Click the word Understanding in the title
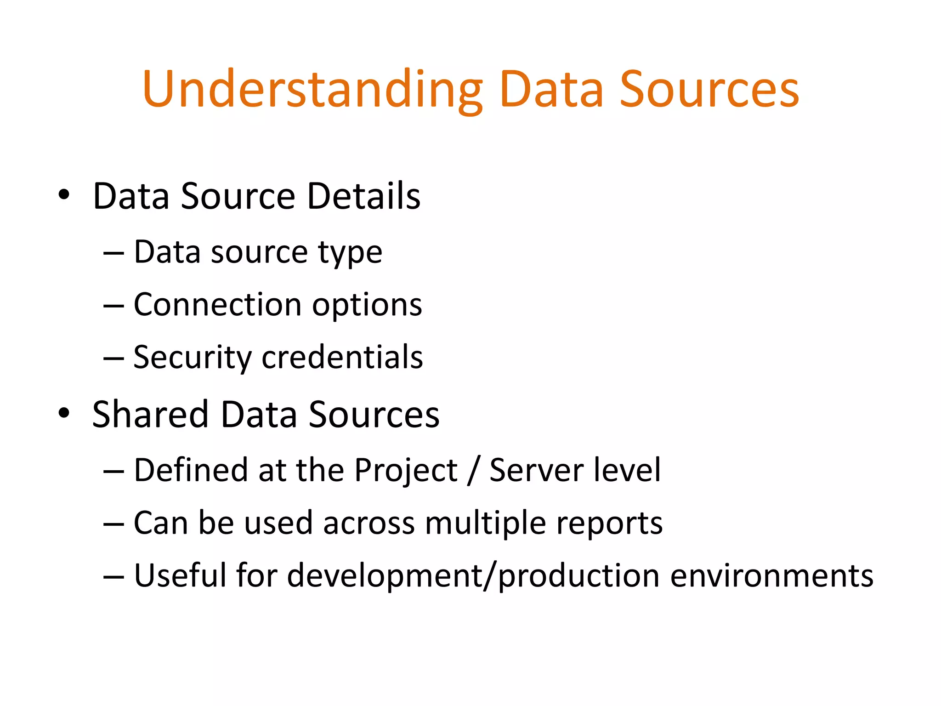312,90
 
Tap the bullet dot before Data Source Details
64,194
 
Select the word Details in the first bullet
363,196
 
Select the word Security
193,358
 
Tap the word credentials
342,357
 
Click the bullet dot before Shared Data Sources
64,412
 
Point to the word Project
406,471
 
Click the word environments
771,576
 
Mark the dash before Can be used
113,524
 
